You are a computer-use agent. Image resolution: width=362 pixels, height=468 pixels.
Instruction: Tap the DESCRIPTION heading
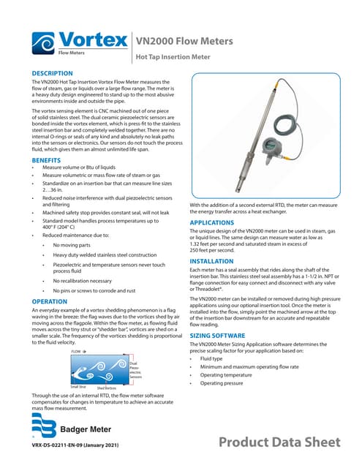pos(52,74)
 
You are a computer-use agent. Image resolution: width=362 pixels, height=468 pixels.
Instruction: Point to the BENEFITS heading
pos(46,159)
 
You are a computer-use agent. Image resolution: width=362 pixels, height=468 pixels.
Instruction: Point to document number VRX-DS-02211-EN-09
pos(72,445)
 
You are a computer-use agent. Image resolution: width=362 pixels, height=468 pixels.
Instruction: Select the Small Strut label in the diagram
pos(78,387)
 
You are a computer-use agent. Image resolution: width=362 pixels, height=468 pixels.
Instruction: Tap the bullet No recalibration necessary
pos(82,280)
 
